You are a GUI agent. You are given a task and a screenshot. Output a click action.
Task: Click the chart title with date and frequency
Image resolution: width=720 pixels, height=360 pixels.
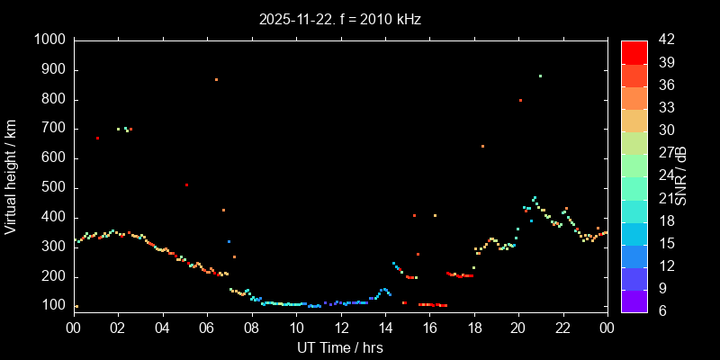coord(340,18)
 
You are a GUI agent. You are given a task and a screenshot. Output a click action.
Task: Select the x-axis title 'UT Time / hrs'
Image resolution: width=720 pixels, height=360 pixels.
coord(340,347)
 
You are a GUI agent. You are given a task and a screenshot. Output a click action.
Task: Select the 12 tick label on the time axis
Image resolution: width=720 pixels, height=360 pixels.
coord(340,328)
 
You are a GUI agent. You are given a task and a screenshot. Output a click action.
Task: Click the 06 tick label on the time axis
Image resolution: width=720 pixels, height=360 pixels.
coord(207,328)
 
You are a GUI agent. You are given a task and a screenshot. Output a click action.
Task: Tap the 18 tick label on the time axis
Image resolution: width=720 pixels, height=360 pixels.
coord(473,328)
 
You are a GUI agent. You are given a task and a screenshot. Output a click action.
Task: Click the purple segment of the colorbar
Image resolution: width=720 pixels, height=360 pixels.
coord(634,301)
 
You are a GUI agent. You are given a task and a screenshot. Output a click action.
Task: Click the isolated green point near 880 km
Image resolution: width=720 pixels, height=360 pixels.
coord(540,76)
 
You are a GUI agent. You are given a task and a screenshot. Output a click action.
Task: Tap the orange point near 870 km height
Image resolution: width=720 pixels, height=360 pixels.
coord(216,79)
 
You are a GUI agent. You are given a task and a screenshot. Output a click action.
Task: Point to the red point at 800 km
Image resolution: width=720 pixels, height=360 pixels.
coord(520,100)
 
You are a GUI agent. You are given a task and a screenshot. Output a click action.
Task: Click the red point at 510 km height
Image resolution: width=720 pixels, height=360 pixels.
coord(186,185)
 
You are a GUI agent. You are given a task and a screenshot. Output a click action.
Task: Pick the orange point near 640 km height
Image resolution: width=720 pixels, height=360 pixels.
coord(482,146)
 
